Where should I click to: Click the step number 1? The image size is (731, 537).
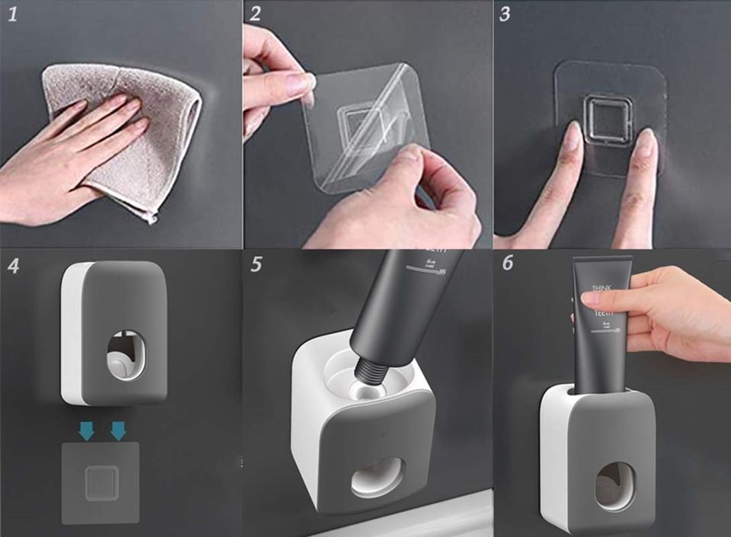pos(12,15)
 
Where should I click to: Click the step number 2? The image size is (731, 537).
pos(255,15)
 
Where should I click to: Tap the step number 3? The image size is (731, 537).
pos(505,15)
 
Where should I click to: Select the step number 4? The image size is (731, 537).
pos(13,266)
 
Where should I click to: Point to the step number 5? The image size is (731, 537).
pos(256,265)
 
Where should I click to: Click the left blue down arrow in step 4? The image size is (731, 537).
pos(87,432)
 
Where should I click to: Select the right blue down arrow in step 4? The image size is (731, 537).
pos(117,432)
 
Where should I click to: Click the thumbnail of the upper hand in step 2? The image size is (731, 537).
pos(298,82)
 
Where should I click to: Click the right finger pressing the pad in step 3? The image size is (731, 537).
pos(644,145)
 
